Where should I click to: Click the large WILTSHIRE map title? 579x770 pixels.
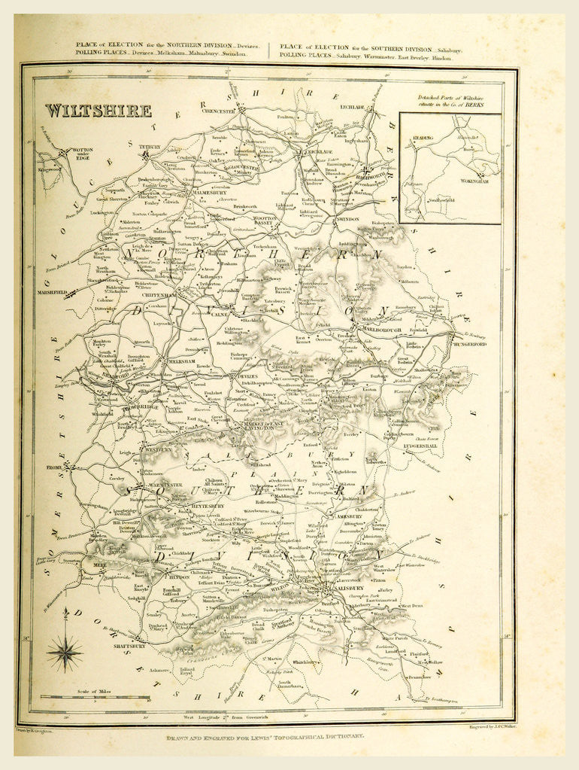click(x=97, y=111)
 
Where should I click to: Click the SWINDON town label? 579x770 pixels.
click(x=347, y=219)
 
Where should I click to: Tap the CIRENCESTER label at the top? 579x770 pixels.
click(x=219, y=111)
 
